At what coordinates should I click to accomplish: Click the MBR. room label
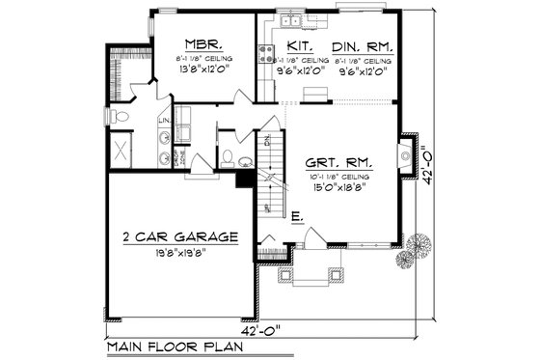(203, 43)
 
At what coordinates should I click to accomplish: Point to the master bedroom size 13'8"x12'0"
(203, 69)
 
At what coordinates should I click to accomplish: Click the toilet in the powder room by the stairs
(226, 157)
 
